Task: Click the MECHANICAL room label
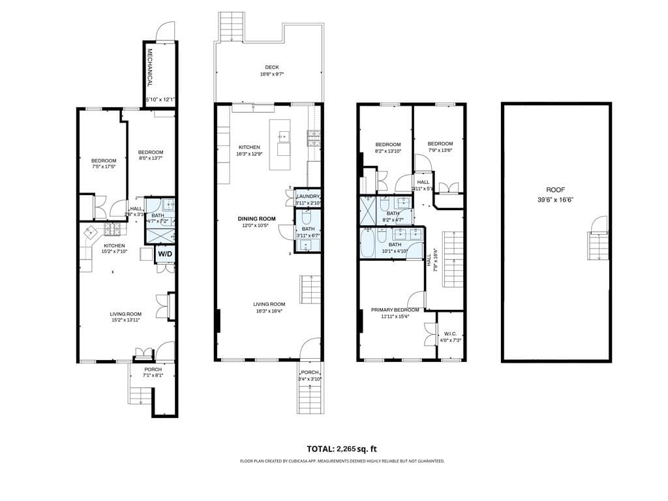[149, 68]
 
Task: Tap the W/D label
[165, 254]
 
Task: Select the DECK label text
[272, 67]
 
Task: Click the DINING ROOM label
[256, 219]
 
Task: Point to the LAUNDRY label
[308, 196]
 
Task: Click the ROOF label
[555, 190]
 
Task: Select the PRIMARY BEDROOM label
[395, 310]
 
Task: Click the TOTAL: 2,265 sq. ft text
[342, 449]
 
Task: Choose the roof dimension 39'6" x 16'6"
[555, 200]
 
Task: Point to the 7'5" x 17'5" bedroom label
[104, 161]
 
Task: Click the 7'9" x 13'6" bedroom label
[440, 144]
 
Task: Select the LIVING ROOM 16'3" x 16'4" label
[269, 304]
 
